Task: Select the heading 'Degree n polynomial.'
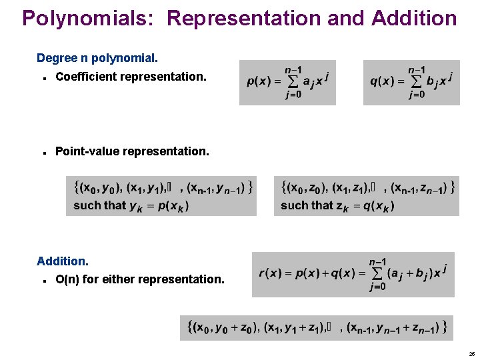tap(97, 59)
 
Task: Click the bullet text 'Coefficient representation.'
tap(131, 77)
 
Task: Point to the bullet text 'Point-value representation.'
tap(132, 151)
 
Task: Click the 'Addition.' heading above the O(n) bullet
tap(63, 261)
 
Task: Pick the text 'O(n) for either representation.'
tap(140, 279)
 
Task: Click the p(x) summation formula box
tap(287, 83)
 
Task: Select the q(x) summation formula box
tap(411, 83)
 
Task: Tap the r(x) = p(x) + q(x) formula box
tap(353, 274)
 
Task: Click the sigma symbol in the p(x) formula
tap(293, 82)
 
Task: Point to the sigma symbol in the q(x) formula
tap(417, 82)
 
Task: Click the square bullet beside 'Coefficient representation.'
tap(43, 77)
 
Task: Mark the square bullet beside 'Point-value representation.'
tap(43, 152)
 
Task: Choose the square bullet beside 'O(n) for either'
tap(43, 280)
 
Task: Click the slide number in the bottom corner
tap(471, 353)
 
